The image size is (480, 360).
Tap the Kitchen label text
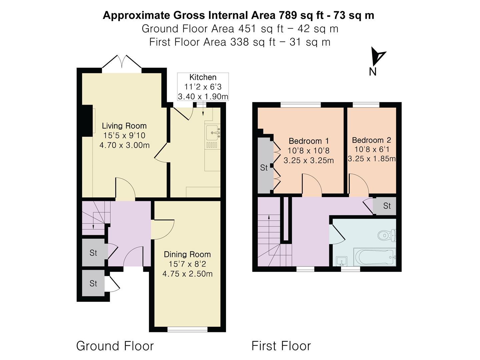tap(203, 77)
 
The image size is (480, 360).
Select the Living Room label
tap(124, 126)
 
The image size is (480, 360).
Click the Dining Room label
tap(187, 255)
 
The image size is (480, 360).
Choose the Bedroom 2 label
tap(371, 140)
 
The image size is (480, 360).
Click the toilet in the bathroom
tap(387, 236)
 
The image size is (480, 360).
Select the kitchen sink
tap(213, 133)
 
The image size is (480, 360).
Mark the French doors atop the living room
tap(122, 63)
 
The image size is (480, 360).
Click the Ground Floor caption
tap(115, 346)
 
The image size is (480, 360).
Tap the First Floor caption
tap(281, 346)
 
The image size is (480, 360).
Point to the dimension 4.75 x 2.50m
tap(187, 274)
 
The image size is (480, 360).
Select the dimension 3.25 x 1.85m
tap(372, 159)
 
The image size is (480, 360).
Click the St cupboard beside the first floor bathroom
tap(386, 206)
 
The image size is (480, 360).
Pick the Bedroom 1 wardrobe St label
tap(264, 168)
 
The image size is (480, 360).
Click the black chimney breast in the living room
tap(87, 121)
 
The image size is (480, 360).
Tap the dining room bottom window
tap(187, 329)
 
